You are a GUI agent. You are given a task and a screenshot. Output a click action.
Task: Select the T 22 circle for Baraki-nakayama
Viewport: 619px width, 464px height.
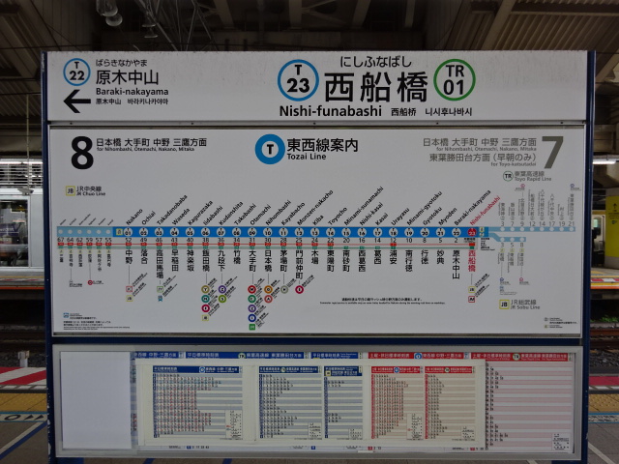(x=76, y=72)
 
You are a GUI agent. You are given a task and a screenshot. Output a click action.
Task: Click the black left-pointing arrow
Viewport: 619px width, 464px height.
(x=76, y=100)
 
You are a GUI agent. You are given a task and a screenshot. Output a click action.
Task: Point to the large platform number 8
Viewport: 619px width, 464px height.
(x=82, y=153)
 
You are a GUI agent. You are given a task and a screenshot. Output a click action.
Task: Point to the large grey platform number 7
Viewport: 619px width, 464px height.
(x=552, y=153)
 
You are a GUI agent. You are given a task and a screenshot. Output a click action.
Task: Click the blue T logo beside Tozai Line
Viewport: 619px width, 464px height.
(x=269, y=148)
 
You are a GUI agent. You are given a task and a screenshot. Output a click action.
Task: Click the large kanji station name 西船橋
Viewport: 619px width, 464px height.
(x=375, y=85)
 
